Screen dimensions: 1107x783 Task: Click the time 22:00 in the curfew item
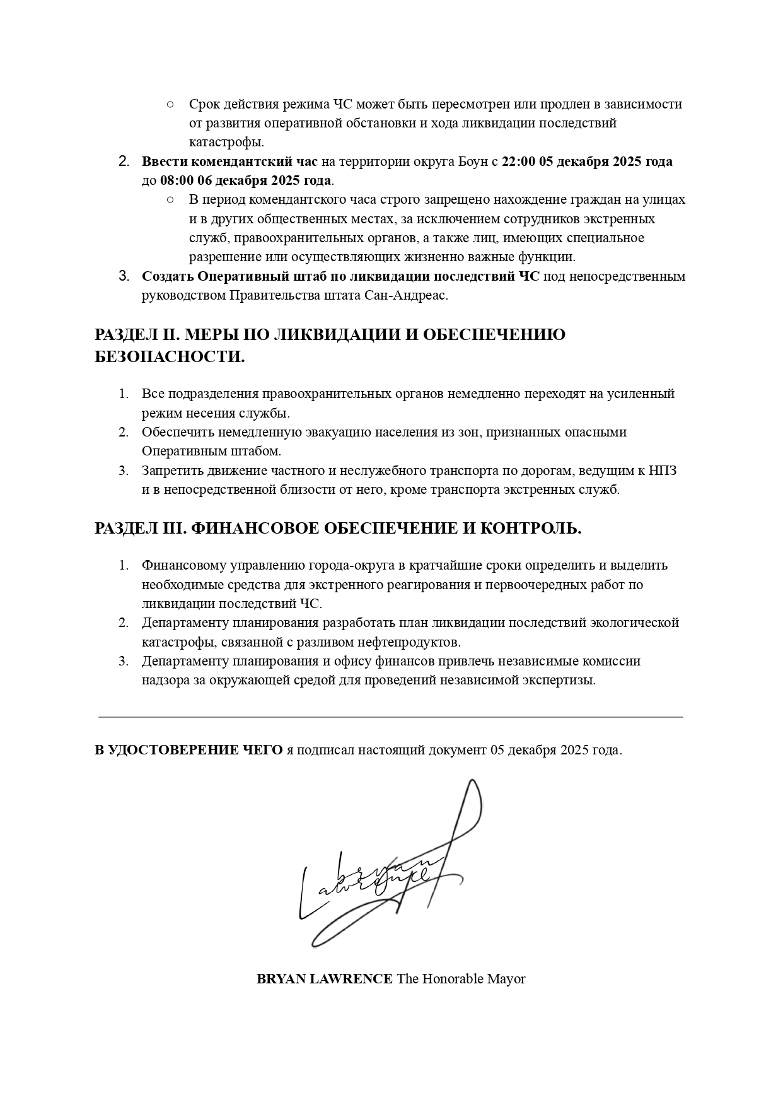[x=518, y=161]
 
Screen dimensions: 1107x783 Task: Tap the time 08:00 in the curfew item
[x=177, y=181]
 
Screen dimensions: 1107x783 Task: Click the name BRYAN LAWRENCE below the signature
[x=324, y=979]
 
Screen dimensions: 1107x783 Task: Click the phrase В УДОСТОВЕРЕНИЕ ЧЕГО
[x=188, y=751]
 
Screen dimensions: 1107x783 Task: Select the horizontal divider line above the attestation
[x=391, y=717]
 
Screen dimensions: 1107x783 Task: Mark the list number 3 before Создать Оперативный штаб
[x=124, y=276]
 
